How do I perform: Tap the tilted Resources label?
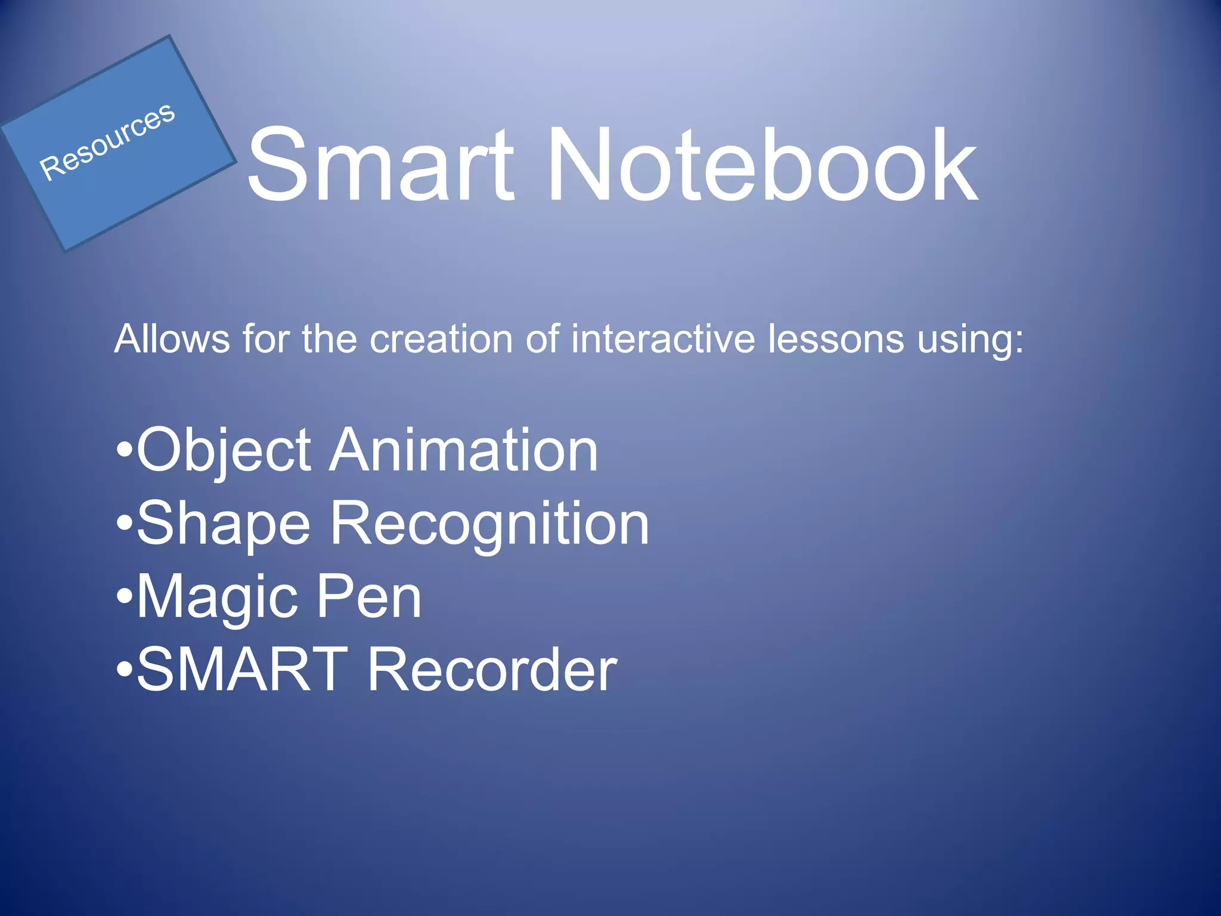click(107, 141)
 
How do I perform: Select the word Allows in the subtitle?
click(172, 339)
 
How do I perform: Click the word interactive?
click(663, 339)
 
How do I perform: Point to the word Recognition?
click(489, 525)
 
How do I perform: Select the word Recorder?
click(492, 670)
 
